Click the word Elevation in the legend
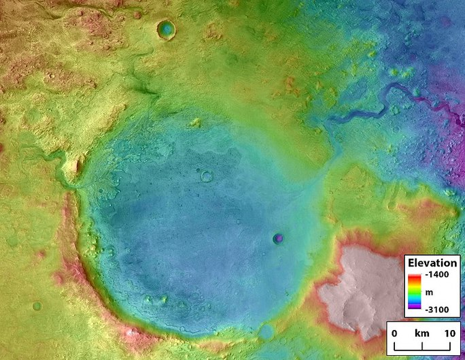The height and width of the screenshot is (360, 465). coord(433,263)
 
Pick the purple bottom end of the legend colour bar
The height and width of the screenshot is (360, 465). coord(414,310)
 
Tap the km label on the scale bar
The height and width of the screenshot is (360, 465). coord(422,333)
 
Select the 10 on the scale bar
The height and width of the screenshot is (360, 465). coord(449,333)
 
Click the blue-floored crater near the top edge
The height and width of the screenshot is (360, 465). coord(165,29)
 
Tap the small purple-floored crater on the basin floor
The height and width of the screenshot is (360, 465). coord(277,238)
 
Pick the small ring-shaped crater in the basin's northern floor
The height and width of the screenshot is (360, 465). coord(206,176)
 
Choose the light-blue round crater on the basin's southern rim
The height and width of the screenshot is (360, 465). coord(266,333)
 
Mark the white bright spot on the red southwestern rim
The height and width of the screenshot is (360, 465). coord(129,331)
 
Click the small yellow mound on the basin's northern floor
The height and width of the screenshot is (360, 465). coord(196,123)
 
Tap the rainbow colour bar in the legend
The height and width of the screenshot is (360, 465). coord(414,293)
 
